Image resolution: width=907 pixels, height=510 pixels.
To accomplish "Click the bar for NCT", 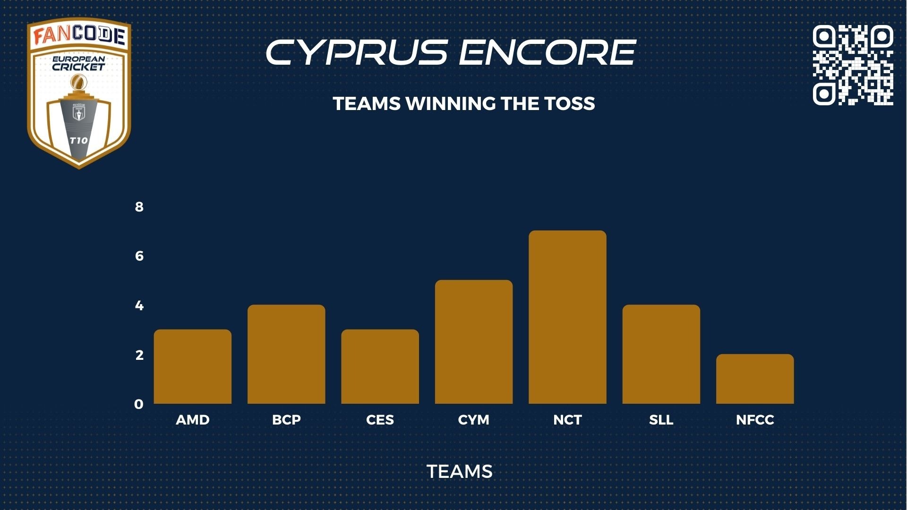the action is tap(567, 317).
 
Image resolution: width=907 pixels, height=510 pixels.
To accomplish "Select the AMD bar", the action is tap(193, 366).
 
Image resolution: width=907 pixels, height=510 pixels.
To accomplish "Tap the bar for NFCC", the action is tap(755, 379).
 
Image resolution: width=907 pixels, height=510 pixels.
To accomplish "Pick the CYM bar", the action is tap(474, 342).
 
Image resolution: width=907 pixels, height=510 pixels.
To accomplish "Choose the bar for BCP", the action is tap(286, 354).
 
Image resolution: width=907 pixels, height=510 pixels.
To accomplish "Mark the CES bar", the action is tap(380, 366).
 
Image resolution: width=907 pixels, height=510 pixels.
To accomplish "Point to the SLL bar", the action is tap(661, 354).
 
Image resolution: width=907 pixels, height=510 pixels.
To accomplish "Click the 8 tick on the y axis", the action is tap(139, 207).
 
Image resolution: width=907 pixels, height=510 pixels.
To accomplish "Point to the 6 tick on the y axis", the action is tap(139, 256).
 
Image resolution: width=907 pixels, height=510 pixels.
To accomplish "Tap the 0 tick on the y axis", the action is tap(139, 404).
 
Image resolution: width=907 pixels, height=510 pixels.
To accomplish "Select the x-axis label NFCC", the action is tap(755, 420).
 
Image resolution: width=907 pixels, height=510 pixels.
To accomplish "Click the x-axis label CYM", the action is tap(474, 420).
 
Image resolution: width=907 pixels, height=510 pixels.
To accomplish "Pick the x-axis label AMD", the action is tap(193, 420).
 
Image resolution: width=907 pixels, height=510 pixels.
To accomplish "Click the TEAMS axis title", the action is tap(460, 471).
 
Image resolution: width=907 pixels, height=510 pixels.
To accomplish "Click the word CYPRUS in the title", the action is tap(357, 52).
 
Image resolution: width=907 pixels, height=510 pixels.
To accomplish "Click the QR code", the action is tap(853, 65).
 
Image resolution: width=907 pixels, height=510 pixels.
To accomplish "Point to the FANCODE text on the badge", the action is tap(79, 36).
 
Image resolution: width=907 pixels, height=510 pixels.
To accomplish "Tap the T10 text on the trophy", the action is tap(78, 140).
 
